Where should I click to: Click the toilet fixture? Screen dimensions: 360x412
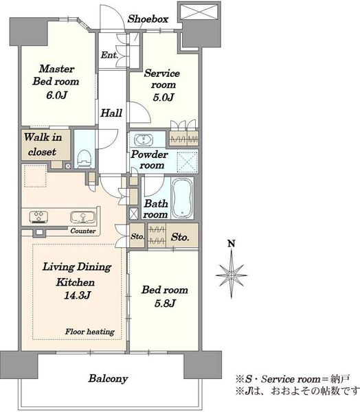[85, 159]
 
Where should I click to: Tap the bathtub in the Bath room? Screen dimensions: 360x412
[181, 198]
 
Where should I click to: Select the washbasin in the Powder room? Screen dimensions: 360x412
[144, 140]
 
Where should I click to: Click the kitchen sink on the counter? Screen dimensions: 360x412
[82, 217]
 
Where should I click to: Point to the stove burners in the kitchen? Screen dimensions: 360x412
[38, 217]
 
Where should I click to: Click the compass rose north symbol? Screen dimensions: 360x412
[232, 275]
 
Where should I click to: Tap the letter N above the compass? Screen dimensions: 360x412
[232, 244]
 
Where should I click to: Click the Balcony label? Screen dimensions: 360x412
[108, 378]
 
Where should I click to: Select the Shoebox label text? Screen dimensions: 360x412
[148, 19]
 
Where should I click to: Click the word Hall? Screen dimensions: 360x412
[111, 113]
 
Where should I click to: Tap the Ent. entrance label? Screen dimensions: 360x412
[109, 55]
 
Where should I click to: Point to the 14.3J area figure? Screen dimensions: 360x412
[78, 295]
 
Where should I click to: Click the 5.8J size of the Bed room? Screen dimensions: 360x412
[165, 304]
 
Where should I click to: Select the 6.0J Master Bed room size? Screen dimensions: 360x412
[57, 95]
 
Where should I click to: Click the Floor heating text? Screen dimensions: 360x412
[90, 332]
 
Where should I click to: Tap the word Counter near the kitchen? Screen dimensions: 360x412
[83, 231]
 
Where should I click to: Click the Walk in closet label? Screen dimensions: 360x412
[43, 144]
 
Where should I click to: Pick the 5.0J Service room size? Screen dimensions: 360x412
[164, 98]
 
